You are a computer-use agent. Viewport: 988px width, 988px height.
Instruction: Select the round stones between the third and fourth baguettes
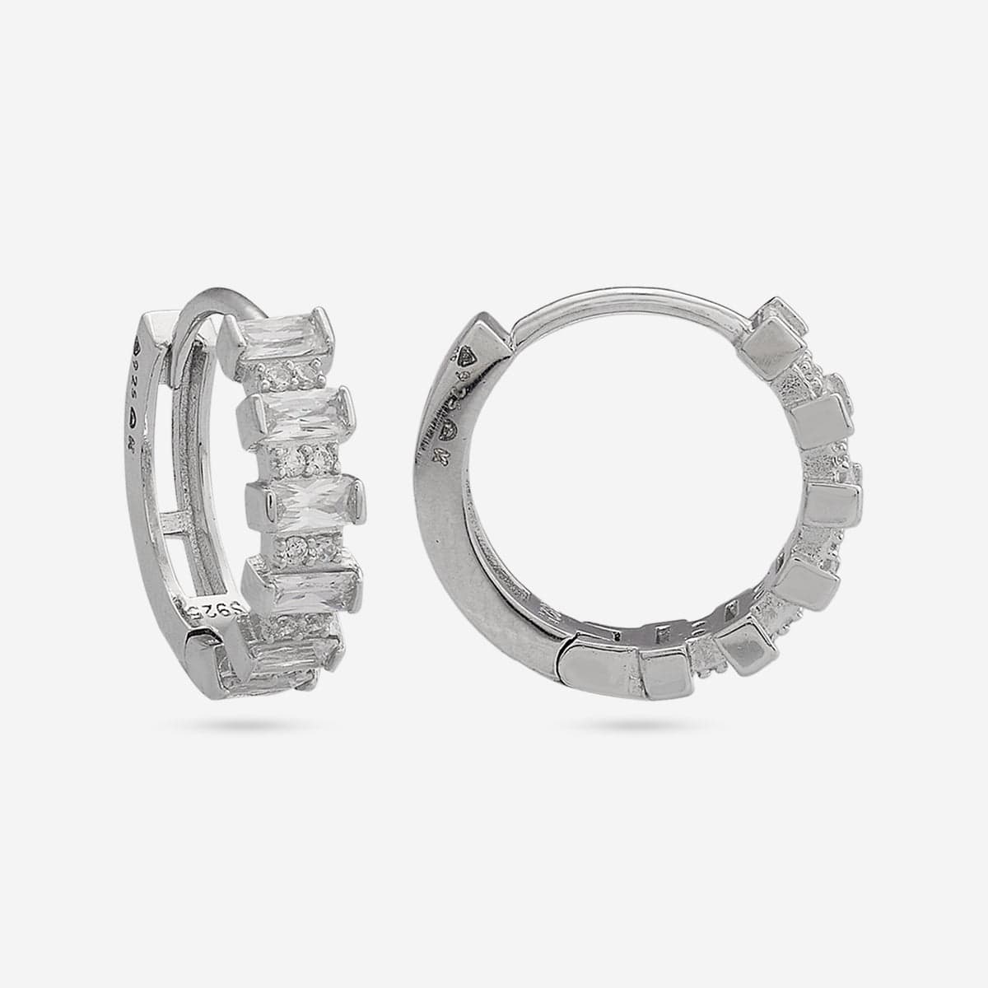coord(301,544)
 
